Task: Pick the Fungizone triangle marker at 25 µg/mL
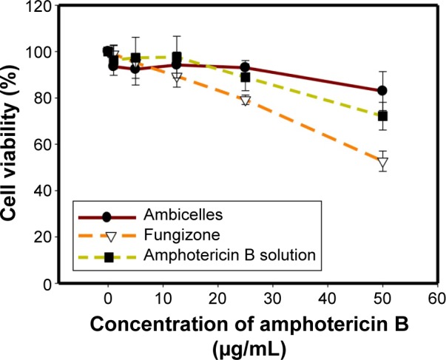[x=246, y=101]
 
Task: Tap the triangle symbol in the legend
[x=107, y=237]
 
